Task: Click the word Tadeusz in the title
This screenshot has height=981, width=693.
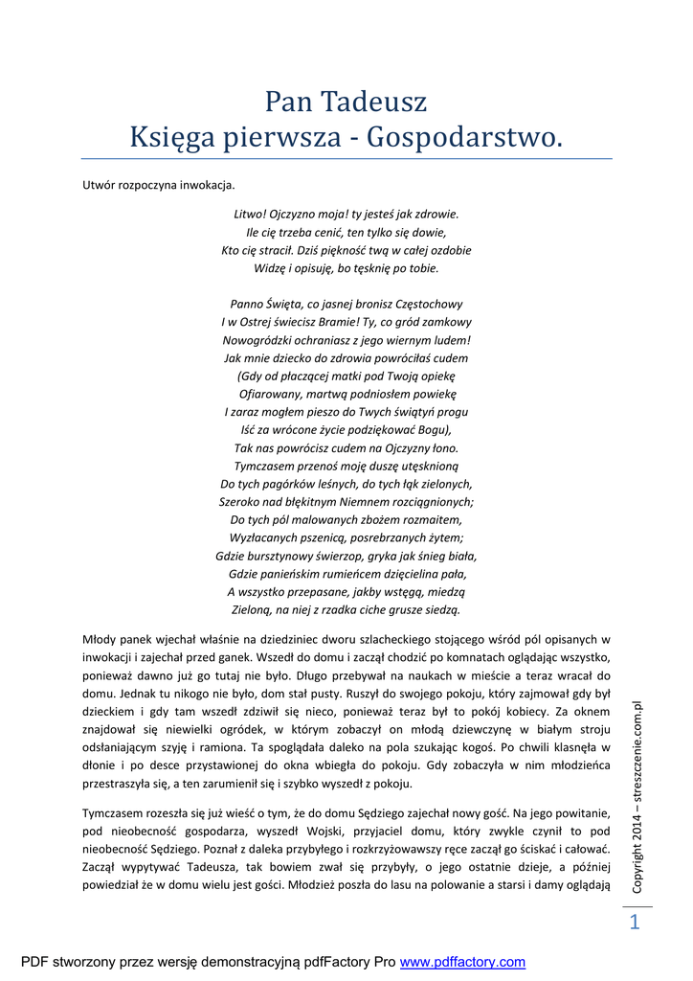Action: pos(373,102)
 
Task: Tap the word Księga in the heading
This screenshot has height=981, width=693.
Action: pos(170,139)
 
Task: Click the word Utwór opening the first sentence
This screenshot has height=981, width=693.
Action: pos(99,185)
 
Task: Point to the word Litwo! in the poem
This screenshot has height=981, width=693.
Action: pos(252,214)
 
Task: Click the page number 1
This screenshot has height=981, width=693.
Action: pos(633,923)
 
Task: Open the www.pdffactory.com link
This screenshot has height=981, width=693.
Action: pos(462,962)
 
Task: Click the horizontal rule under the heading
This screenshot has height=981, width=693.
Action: pos(346,159)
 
